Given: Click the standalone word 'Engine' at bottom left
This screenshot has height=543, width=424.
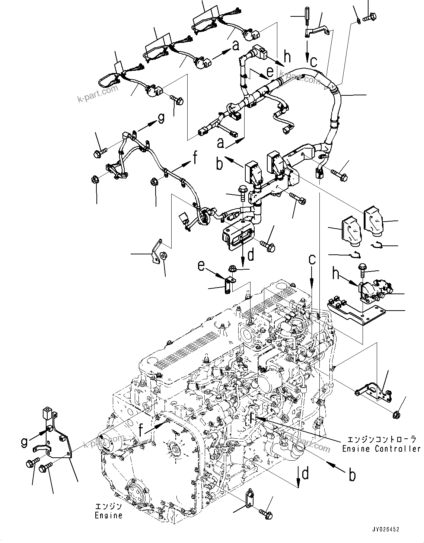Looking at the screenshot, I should click(x=108, y=516).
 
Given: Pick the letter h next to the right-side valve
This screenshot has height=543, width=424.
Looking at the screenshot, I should click(x=336, y=274).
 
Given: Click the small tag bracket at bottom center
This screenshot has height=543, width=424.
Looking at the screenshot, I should click(x=248, y=498).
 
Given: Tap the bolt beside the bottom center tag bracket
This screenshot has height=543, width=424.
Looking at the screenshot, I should click(x=267, y=514).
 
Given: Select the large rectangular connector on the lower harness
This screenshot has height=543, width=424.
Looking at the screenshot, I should click(x=237, y=236).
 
